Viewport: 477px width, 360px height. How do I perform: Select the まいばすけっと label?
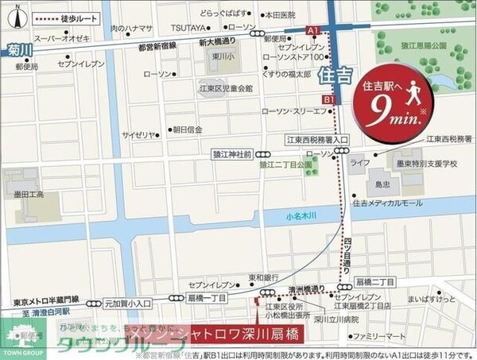[x=431, y=301]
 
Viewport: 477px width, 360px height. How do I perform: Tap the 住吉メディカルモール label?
[x=387, y=204]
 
